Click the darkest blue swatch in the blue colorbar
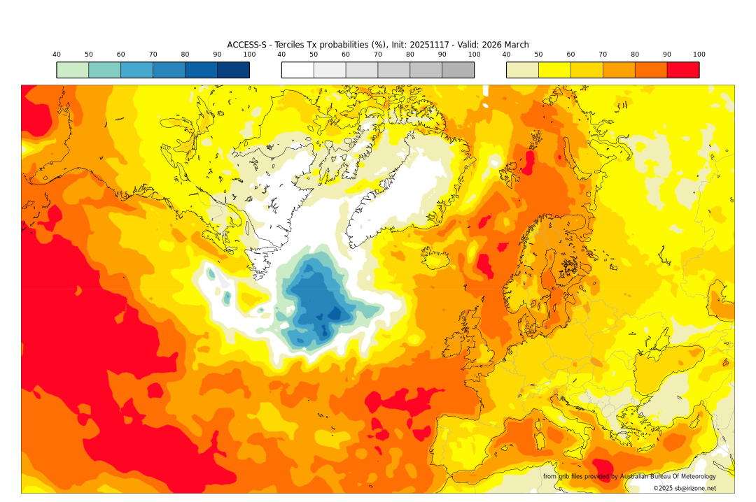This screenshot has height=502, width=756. [233, 70]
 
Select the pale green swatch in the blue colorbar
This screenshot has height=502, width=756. [73, 70]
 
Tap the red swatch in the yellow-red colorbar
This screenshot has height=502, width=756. [682, 70]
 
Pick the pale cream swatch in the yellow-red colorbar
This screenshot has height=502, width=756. [522, 70]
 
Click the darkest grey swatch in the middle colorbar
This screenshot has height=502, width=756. [458, 70]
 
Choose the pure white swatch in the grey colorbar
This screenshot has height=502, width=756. [297, 70]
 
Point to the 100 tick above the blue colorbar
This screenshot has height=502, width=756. [249, 55]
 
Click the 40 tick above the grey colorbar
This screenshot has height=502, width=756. [281, 55]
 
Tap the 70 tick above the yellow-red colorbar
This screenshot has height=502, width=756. [603, 55]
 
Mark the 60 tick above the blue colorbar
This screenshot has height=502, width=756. [121, 55]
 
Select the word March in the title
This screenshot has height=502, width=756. [515, 45]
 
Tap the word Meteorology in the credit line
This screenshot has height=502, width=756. [694, 477]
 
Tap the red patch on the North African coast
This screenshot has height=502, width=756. [600, 466]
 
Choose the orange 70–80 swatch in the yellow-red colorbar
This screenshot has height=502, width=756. [619, 70]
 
